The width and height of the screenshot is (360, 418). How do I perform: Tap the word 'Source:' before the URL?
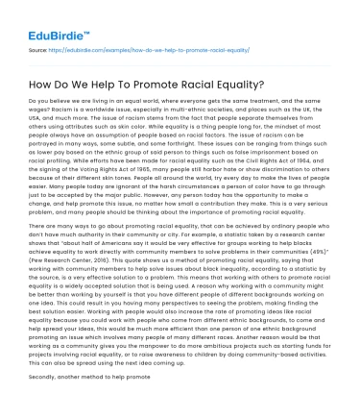pyautogui.click(x=40, y=46)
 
